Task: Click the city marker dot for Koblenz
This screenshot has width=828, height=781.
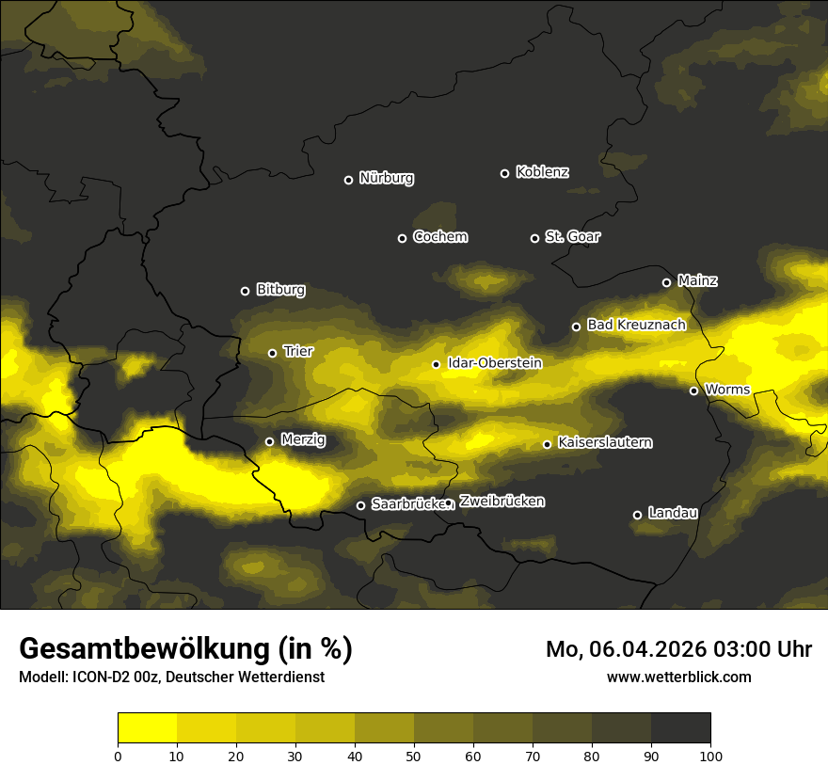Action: [x=504, y=173]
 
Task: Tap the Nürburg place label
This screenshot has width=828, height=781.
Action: [x=386, y=178]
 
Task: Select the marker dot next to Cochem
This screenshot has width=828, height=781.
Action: [x=402, y=238]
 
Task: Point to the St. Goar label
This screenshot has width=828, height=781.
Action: [x=572, y=236]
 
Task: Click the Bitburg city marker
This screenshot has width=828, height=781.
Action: [x=245, y=291]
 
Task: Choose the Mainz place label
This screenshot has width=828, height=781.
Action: [x=697, y=280]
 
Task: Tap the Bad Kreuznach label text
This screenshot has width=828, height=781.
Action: [x=636, y=325]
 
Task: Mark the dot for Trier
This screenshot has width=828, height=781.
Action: [x=272, y=353]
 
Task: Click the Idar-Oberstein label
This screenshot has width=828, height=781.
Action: [x=494, y=362]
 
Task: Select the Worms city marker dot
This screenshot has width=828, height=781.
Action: [x=693, y=390]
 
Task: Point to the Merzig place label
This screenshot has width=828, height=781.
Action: [x=303, y=439]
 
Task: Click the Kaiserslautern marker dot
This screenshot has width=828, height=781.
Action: [x=547, y=444]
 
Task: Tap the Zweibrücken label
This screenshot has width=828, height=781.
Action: [x=502, y=502]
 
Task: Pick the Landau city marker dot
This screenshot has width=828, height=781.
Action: [x=637, y=515]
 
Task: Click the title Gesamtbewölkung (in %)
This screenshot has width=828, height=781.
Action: [x=185, y=649]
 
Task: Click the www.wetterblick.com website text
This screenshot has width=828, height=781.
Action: [x=678, y=677]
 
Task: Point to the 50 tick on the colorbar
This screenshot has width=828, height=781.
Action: [x=414, y=755]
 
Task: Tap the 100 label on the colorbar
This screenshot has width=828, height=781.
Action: [x=710, y=755]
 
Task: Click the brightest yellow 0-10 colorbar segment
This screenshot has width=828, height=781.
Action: [x=147, y=727]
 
